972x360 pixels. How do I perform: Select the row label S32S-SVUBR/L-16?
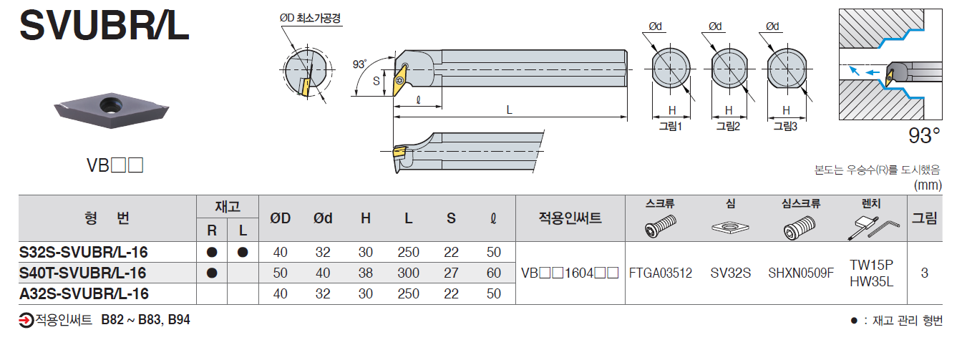84,252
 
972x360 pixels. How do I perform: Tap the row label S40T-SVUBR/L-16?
83,273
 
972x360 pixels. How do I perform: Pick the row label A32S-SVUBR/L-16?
84,293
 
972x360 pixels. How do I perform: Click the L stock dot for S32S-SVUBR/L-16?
243,252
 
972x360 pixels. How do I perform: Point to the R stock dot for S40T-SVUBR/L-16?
212,273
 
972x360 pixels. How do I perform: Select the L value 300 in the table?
408,273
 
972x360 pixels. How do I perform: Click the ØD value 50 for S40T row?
280,273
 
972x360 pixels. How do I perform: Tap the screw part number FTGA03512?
660,273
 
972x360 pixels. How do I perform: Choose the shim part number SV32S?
730,273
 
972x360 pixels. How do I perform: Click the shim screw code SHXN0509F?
801,273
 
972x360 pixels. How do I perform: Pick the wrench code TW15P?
871,264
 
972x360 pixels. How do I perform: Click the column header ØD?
280,219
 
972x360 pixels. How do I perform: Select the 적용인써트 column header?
570,219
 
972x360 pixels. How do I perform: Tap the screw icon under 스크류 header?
660,228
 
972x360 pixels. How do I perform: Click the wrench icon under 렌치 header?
871,228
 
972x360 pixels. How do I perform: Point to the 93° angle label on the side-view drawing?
359,64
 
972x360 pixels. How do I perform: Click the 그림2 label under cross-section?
728,127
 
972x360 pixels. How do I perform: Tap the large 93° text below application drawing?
923,136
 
